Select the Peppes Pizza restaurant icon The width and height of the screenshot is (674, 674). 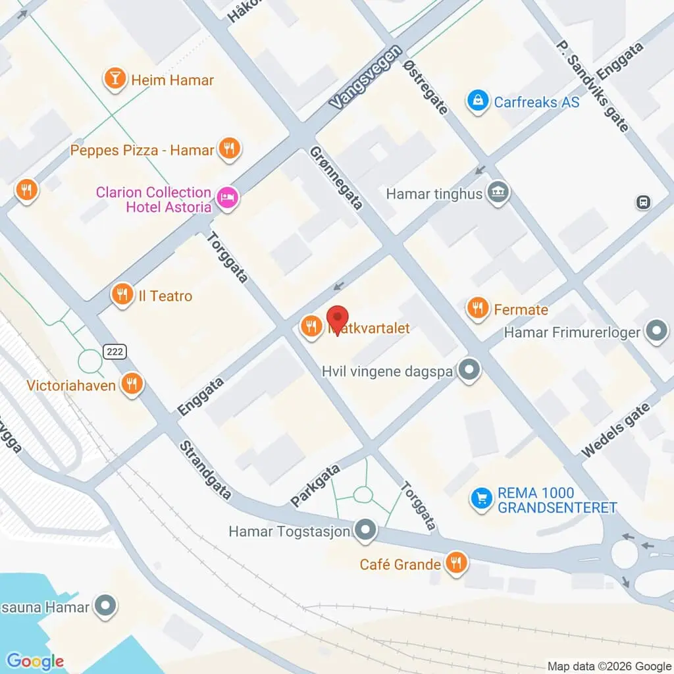click(x=229, y=150)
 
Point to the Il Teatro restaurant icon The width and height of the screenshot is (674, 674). click(x=122, y=296)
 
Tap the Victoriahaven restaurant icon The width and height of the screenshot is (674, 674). click(x=132, y=384)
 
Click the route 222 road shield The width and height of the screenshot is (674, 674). click(x=115, y=353)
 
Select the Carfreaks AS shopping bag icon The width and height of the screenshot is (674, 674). click(x=477, y=101)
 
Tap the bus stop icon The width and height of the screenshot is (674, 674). click(x=643, y=202)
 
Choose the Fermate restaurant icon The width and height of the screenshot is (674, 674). click(x=477, y=309)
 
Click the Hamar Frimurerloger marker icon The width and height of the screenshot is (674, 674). click(x=656, y=332)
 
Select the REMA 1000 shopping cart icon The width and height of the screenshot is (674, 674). click(x=482, y=499)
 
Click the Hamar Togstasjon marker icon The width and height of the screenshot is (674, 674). click(x=365, y=531)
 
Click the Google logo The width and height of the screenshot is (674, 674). click(x=35, y=661)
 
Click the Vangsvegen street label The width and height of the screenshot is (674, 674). click(x=366, y=78)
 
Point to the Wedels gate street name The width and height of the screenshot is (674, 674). click(x=616, y=429)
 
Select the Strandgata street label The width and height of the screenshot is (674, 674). click(x=205, y=470)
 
